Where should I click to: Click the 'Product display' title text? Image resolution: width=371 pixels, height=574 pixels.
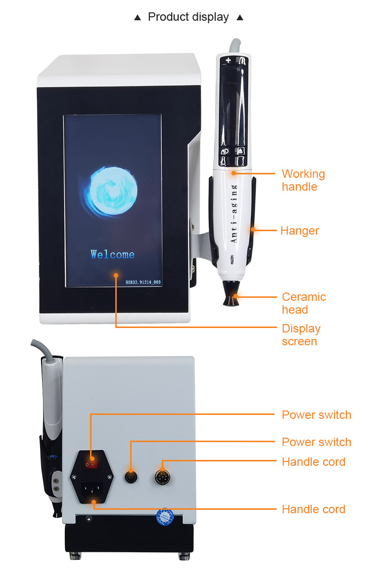pos(188,17)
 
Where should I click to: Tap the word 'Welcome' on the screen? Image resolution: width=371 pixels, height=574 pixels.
pos(112,254)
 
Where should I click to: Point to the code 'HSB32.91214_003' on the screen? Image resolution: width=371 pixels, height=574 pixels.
pos(143,282)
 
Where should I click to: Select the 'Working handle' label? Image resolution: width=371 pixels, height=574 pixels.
pos(303,180)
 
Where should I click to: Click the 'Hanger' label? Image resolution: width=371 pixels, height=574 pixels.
pos(299,231)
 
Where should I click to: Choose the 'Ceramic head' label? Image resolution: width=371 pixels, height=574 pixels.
pos(304,303)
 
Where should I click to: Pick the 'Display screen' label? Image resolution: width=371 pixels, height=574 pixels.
pos(301,334)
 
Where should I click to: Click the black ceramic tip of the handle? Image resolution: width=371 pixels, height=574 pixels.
pos(231,293)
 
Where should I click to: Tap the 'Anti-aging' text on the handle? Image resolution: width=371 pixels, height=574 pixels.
pos(234,213)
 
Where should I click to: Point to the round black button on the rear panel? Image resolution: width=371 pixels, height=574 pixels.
pos(131,477)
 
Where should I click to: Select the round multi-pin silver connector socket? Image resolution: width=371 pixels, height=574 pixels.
pos(162,477)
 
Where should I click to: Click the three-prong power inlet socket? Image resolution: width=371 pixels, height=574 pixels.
pos(92,489)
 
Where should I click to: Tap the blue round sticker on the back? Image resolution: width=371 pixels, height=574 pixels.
pos(165,517)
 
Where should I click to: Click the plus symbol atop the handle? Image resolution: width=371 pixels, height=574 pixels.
pos(228,60)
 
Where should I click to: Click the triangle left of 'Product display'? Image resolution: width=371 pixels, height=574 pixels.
pos(138,18)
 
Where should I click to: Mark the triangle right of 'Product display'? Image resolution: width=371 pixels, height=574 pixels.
pos(240,18)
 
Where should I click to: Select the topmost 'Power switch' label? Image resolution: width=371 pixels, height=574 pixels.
pos(317,415)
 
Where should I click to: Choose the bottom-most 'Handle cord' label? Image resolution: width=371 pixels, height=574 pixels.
pos(314,509)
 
